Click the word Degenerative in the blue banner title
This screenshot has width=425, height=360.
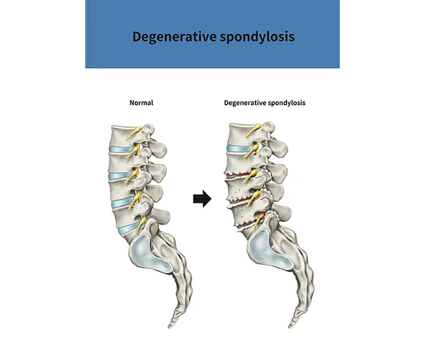pyautogui.click(x=174, y=37)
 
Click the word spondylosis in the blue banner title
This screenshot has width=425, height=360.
pyautogui.click(x=257, y=37)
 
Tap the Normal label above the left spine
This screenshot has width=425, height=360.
pyautogui.click(x=141, y=103)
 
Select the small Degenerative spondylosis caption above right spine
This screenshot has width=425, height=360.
pyautogui.click(x=265, y=103)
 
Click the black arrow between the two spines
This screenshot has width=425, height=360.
pyautogui.click(x=202, y=199)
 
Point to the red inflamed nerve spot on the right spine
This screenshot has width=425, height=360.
pyautogui.click(x=262, y=215)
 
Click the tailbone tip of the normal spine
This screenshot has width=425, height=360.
pyautogui.click(x=170, y=326)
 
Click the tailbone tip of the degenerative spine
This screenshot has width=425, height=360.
pyautogui.click(x=290, y=326)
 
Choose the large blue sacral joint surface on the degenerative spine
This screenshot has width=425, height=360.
pyautogui.click(x=268, y=251)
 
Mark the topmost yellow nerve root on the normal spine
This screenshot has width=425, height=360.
pyautogui.click(x=133, y=133)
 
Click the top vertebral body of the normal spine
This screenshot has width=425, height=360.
pyautogui.click(x=122, y=135)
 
